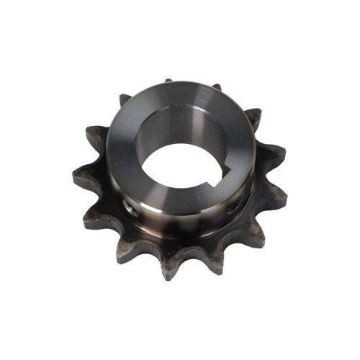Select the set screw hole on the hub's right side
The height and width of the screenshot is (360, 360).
click(x=236, y=206)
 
